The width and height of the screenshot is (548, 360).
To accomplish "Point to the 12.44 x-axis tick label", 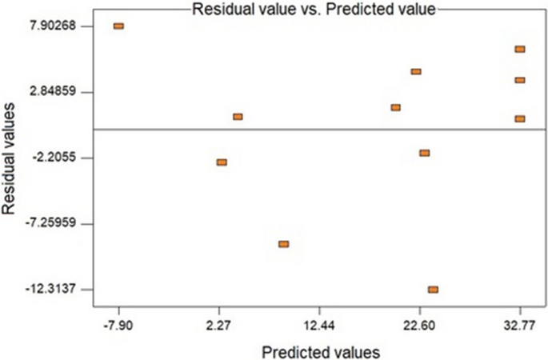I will (319, 326).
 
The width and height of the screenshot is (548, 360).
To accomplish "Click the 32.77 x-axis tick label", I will (520, 326).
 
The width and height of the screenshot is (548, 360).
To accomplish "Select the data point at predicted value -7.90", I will (119, 26).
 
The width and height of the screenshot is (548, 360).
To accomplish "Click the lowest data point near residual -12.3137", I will (433, 290).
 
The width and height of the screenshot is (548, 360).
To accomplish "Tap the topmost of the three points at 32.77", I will (520, 50).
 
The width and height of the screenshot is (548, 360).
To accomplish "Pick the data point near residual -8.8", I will (283, 244).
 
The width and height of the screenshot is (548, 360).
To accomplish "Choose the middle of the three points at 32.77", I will (520, 80).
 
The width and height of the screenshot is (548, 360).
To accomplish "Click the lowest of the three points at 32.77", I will (520, 118).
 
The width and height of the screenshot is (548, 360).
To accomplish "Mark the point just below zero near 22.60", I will (424, 153).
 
